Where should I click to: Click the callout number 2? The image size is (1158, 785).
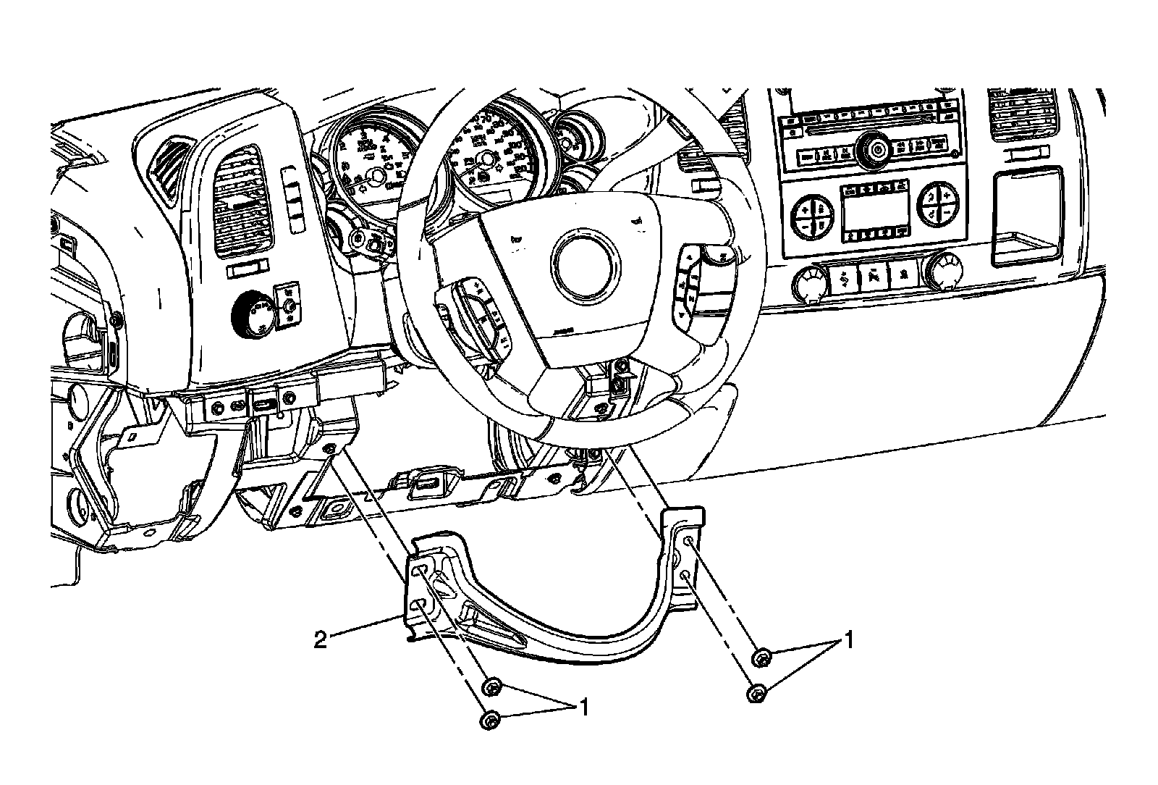point(320,639)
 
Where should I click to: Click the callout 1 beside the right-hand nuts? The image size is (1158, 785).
point(848,641)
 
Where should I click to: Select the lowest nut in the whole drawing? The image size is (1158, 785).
point(489,720)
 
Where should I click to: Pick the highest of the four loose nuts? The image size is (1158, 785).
point(761,658)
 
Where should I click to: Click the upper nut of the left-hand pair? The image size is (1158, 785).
point(492,686)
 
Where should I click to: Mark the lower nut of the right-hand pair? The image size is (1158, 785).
point(755,694)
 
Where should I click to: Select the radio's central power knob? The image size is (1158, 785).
point(877,151)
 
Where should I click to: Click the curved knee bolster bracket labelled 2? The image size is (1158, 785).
point(550,616)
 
